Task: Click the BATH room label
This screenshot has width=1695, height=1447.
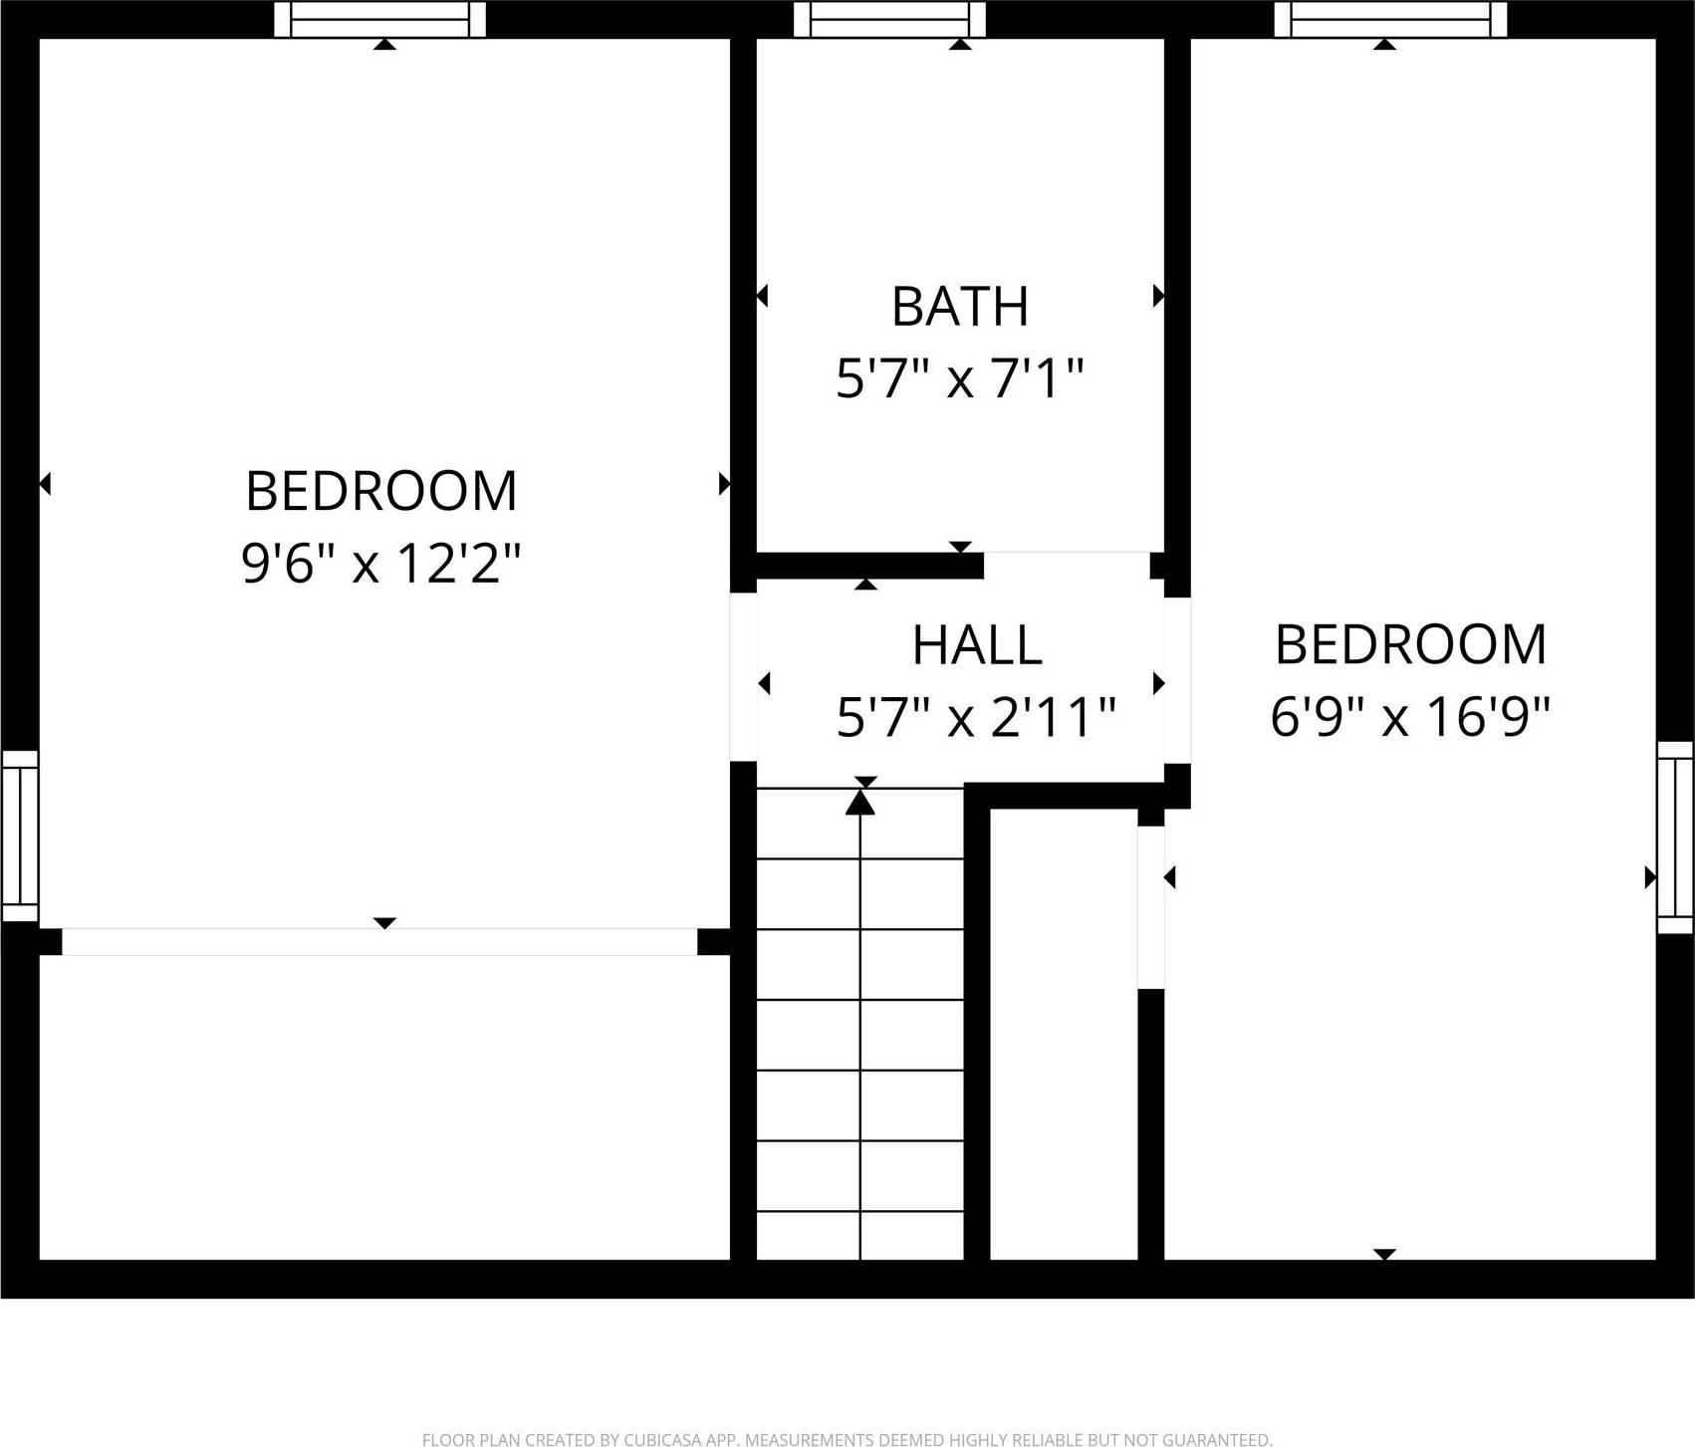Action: click(x=959, y=307)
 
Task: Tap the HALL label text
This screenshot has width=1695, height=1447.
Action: click(x=977, y=645)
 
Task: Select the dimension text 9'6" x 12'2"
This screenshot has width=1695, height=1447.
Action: click(x=381, y=564)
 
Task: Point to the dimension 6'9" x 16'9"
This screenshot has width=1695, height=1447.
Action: click(x=1410, y=717)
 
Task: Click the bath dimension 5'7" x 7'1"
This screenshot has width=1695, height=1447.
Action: click(x=959, y=379)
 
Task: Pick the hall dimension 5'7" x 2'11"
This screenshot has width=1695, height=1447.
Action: click(x=977, y=717)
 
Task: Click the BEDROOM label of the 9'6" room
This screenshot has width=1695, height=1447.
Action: click(x=381, y=491)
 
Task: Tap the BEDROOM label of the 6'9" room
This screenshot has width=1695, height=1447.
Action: click(x=1410, y=644)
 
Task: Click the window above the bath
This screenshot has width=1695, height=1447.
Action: click(x=889, y=19)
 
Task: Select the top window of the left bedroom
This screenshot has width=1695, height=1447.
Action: click(x=379, y=19)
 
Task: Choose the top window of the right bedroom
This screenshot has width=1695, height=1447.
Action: click(x=1390, y=19)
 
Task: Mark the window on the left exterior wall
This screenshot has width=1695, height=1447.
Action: click(x=19, y=837)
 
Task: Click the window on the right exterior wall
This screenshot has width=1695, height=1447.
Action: click(x=1675, y=837)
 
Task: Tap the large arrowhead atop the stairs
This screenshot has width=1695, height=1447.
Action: click(x=860, y=802)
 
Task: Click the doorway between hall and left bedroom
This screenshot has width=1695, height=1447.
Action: click(x=743, y=677)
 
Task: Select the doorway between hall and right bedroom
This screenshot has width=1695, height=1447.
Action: click(x=1177, y=680)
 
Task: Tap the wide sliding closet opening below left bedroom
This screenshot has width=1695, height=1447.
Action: click(x=379, y=942)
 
